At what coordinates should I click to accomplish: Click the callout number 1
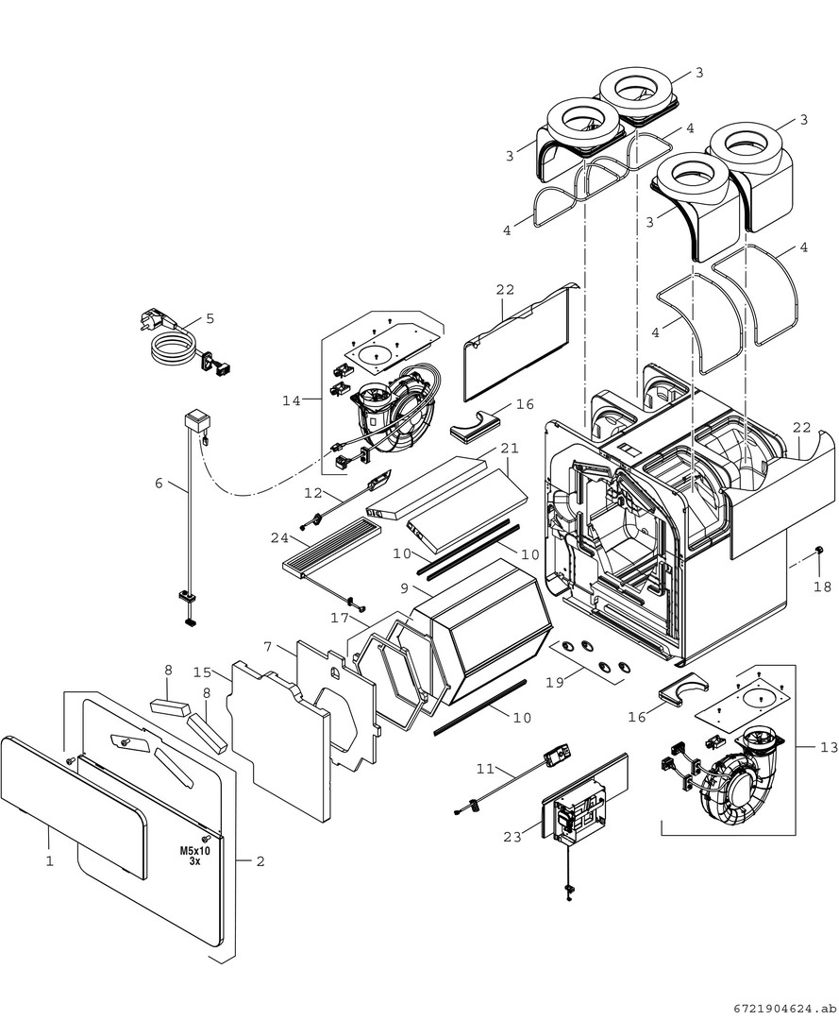coord(49,860)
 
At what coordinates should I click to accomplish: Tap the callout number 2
coord(260,861)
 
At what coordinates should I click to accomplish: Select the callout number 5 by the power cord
coord(210,318)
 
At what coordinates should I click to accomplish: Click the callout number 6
coord(159,484)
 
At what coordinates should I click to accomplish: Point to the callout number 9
coord(404,588)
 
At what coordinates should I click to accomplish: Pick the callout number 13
coord(828,747)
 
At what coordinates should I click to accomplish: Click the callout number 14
coord(292,400)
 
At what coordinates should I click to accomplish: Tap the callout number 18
coord(823,586)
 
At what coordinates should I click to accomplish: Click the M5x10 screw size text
coord(194,855)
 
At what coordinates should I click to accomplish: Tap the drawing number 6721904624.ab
coord(782,1008)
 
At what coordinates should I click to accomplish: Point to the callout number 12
coord(313,492)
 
